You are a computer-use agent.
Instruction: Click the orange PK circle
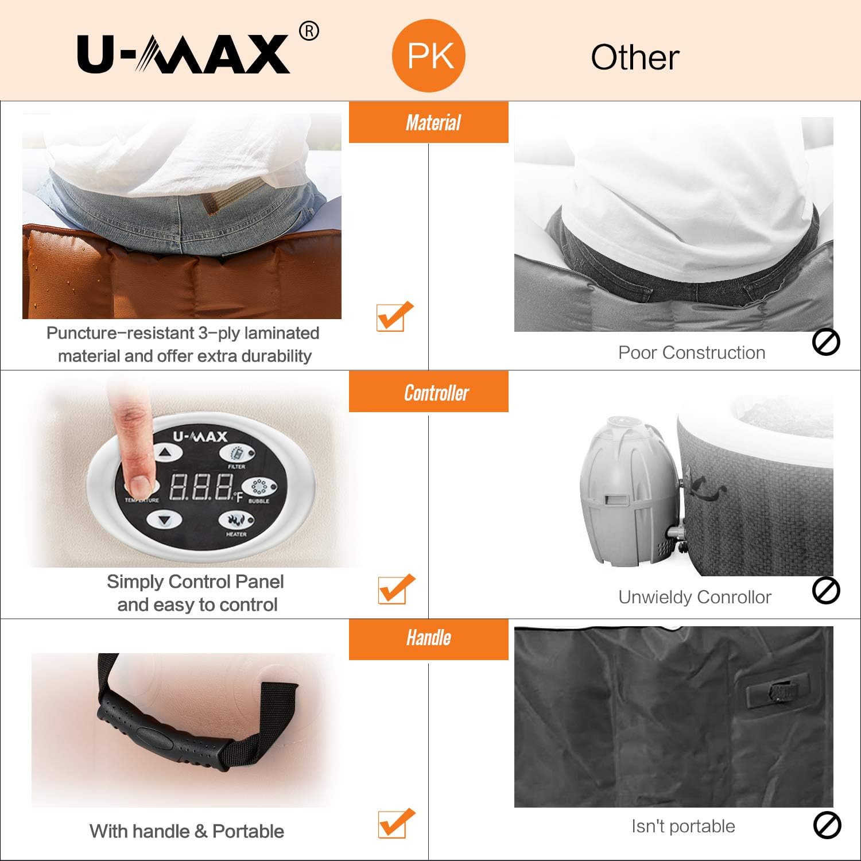[x=429, y=56]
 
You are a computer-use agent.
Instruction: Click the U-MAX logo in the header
[x=184, y=54]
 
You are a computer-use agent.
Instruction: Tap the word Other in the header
[x=635, y=57]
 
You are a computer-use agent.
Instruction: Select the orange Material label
[x=429, y=122]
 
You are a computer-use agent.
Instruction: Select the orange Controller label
[x=429, y=393]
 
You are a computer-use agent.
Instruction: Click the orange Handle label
[x=429, y=638]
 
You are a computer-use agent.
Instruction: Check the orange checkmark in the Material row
[x=394, y=316]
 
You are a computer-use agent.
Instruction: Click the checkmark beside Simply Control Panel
[x=395, y=588]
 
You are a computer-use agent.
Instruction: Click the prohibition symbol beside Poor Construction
[x=826, y=342]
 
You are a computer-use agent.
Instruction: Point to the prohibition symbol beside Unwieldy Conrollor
[x=826, y=591]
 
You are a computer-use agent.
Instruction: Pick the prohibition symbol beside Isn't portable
[x=827, y=826]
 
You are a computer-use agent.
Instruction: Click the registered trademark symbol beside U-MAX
[x=309, y=31]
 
